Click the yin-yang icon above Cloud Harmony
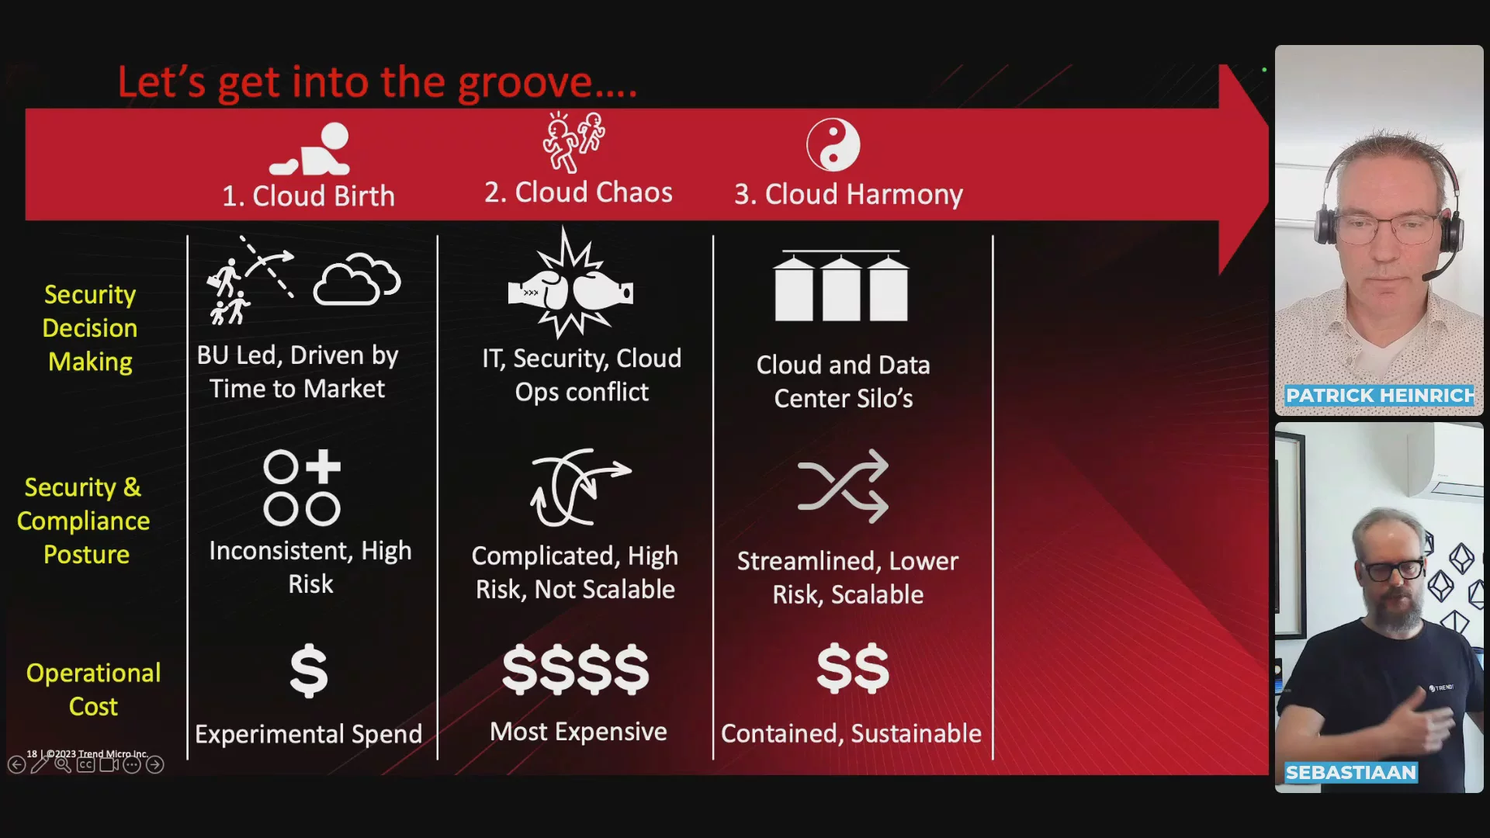click(x=833, y=145)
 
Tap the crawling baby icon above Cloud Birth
click(x=310, y=149)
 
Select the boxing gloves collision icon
click(x=570, y=284)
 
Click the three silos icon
click(x=841, y=286)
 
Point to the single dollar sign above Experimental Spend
click(x=309, y=670)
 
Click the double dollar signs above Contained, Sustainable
click(x=853, y=668)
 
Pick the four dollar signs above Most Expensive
click(x=575, y=669)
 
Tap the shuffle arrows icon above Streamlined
click(x=843, y=486)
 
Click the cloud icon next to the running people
click(x=357, y=278)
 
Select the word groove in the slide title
click(x=525, y=82)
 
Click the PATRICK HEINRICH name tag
click(x=1380, y=396)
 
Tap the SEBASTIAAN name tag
click(x=1351, y=773)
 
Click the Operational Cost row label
click(x=93, y=689)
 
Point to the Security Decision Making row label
click(x=90, y=327)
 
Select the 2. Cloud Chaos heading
click(x=578, y=192)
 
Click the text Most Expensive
click(x=578, y=732)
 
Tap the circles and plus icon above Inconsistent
click(x=302, y=487)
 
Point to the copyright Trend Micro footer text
click(x=87, y=753)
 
